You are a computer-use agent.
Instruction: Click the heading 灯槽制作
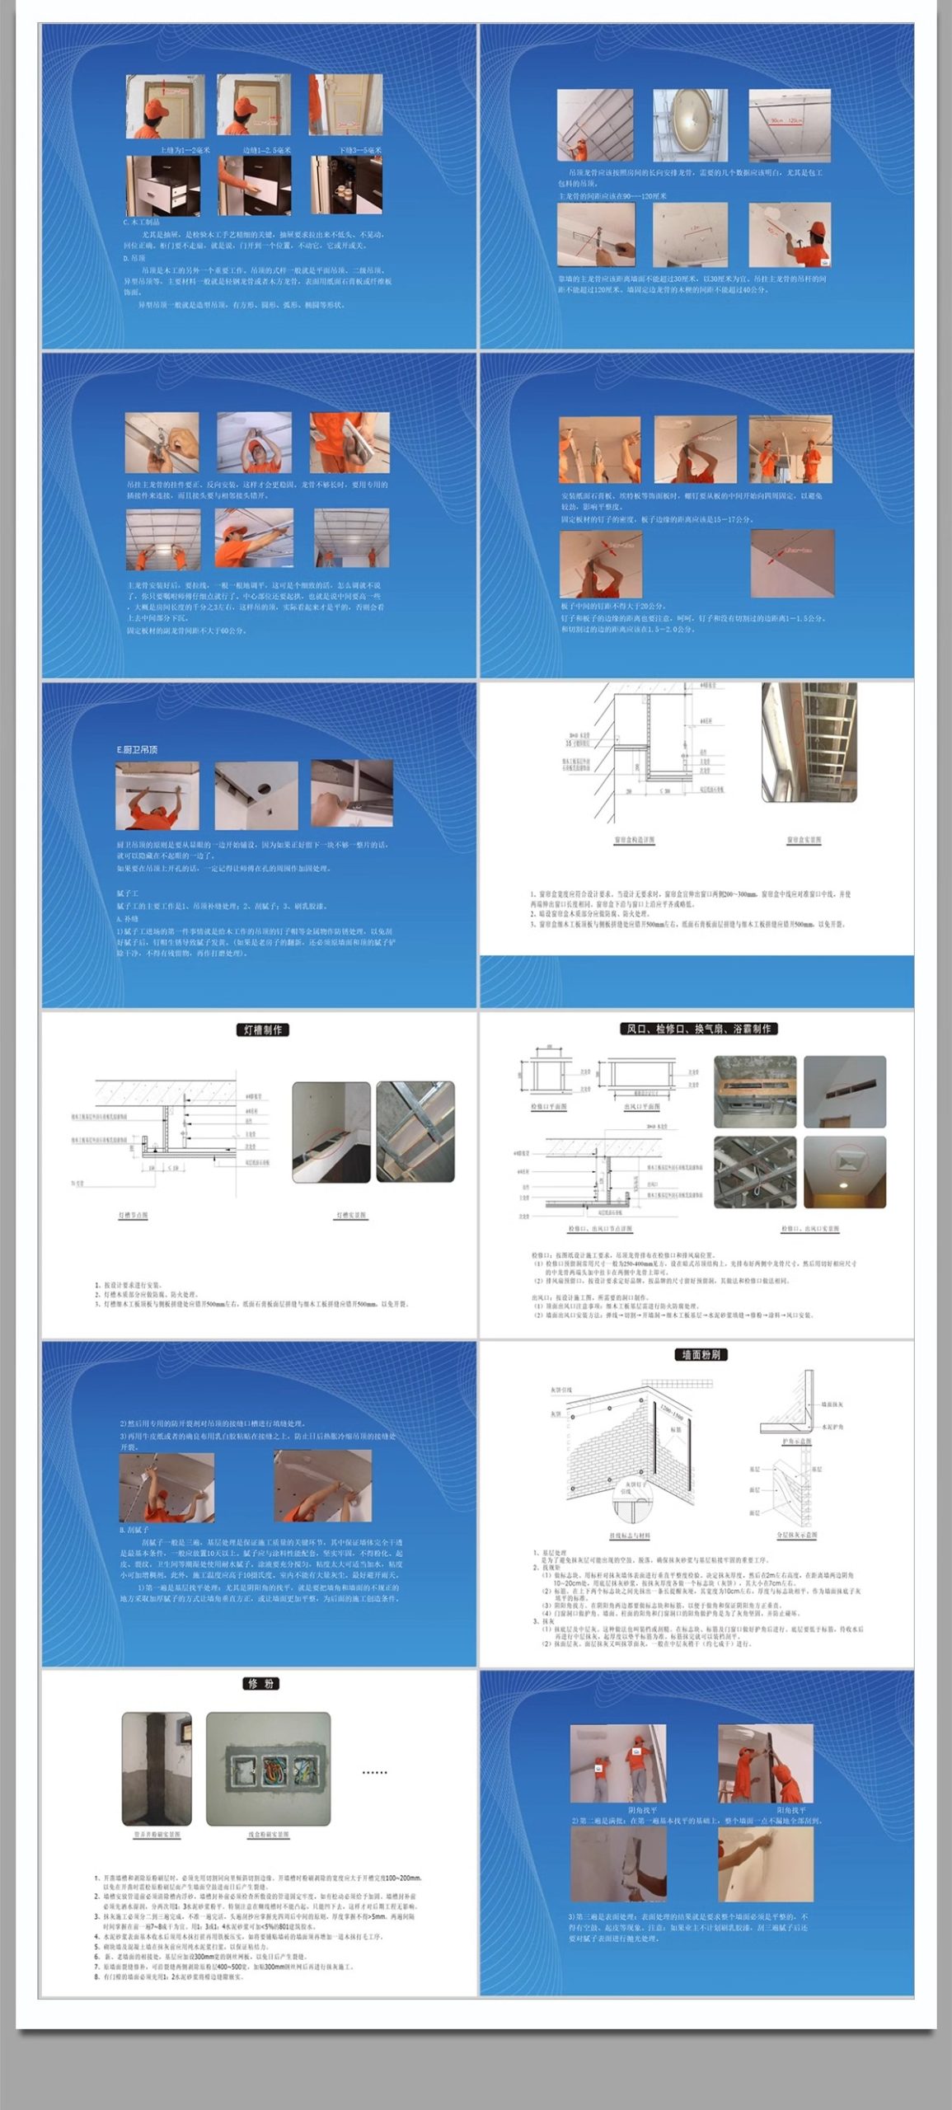pos(263,1029)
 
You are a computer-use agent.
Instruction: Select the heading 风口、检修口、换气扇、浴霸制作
pos(698,1029)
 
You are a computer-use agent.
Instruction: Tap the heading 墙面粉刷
pos(701,1354)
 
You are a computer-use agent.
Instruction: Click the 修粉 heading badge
pos(261,1683)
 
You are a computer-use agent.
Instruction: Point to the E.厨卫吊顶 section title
pos(137,749)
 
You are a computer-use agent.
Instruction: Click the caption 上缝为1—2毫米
pos(185,151)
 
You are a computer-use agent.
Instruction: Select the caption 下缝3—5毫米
pos(360,151)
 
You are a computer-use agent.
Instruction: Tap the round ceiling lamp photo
pos(691,125)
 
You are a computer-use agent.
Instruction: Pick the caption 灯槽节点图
pos(133,1216)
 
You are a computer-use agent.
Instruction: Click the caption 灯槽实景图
pos(351,1216)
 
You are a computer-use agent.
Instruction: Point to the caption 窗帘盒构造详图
pos(634,840)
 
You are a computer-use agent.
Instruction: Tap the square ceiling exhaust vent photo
pos(845,1172)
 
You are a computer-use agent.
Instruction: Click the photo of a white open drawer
pos(163,186)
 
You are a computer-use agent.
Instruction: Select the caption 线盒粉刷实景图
pos(268,1835)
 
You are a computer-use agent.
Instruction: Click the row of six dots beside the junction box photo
pos(374,1772)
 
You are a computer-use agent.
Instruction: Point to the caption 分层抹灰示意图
pos(796,1535)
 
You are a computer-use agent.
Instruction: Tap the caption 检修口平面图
pos(548,1106)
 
